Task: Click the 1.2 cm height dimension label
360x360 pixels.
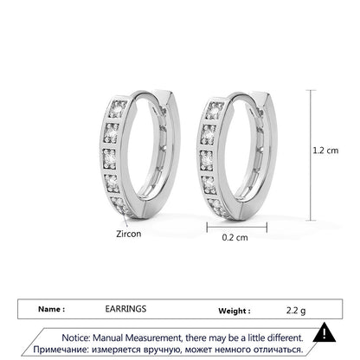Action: click(325, 151)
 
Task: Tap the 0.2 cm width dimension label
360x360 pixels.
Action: click(235, 237)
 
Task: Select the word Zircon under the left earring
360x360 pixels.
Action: click(129, 234)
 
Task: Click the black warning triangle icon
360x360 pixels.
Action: click(325, 332)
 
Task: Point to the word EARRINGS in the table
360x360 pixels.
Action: click(125, 309)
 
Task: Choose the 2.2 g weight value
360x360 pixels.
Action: click(296, 311)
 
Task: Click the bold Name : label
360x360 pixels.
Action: click(51, 309)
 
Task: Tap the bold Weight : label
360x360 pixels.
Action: click(235, 311)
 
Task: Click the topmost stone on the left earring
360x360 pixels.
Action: click(118, 109)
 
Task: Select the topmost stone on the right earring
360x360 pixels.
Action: click(215, 111)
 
